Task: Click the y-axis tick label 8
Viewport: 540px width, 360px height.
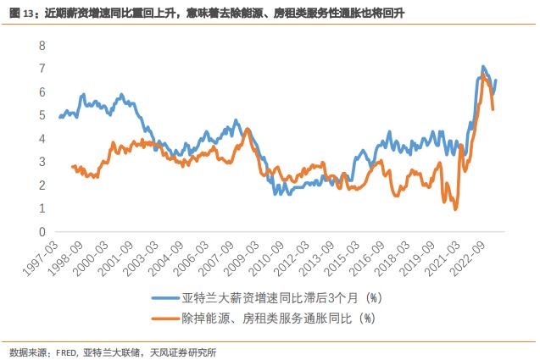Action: point(42,44)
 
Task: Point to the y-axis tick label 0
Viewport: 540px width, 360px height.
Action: point(42,231)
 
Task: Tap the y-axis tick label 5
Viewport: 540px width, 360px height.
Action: point(42,114)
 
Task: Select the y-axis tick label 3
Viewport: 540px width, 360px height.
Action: point(42,161)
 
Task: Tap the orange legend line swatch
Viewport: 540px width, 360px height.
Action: point(165,318)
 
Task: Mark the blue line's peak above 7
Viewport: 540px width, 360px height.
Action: point(482,66)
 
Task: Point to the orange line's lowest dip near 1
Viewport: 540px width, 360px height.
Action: point(455,208)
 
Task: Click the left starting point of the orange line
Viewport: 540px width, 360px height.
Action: point(72,167)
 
